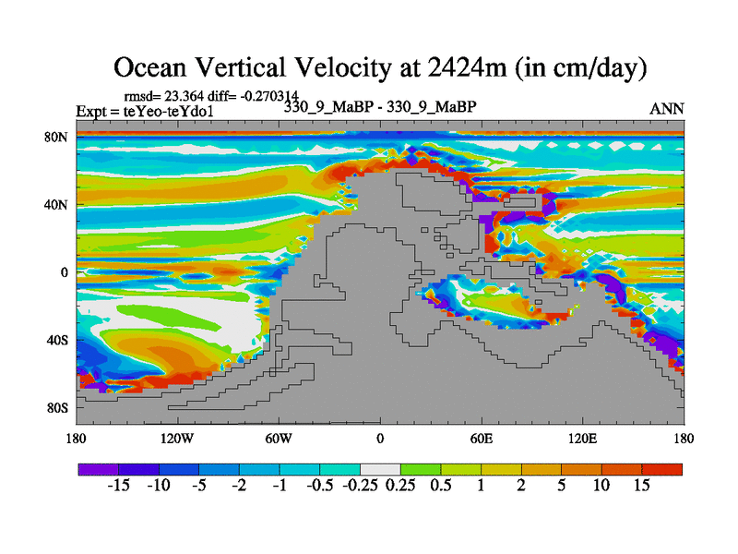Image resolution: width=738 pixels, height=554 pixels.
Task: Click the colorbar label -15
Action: click(x=118, y=486)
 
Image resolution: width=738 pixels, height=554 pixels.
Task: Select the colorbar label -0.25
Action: click(x=360, y=486)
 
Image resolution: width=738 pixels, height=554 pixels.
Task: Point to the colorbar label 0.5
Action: click(x=440, y=486)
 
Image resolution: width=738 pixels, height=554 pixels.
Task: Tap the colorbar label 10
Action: click(x=601, y=486)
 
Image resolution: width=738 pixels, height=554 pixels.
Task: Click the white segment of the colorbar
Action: click(x=379, y=469)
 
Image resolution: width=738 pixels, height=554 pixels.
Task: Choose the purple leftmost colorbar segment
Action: click(x=98, y=469)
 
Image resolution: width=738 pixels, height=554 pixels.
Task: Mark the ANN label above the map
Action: click(x=667, y=109)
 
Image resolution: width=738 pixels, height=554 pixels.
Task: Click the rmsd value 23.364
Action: click(x=190, y=94)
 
